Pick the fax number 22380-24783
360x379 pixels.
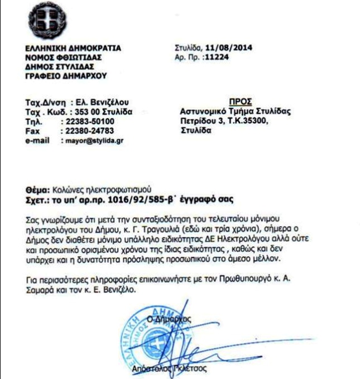90,131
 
